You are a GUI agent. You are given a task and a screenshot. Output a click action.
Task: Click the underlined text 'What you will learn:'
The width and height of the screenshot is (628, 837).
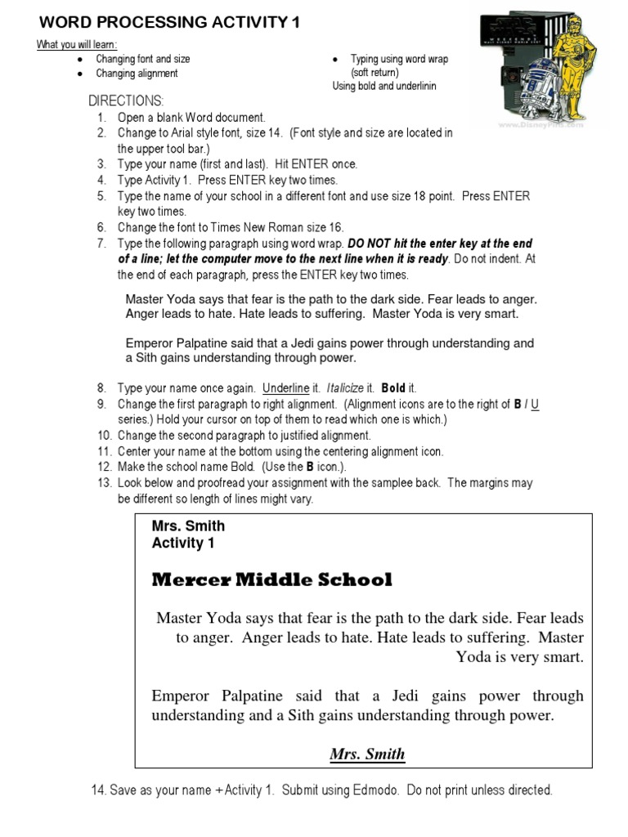tap(76, 44)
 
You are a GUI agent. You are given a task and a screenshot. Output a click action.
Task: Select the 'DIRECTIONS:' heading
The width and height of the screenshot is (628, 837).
tap(126, 101)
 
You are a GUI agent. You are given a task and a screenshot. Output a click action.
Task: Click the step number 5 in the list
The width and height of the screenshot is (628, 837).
tap(101, 196)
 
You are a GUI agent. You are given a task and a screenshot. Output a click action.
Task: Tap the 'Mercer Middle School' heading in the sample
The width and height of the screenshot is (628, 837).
tap(272, 580)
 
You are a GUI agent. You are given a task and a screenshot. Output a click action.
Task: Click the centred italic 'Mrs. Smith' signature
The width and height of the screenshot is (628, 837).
tap(367, 754)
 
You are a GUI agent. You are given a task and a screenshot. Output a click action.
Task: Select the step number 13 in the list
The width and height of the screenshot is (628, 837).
tap(103, 483)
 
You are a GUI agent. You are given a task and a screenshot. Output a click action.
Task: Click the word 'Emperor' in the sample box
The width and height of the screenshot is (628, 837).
tap(181, 696)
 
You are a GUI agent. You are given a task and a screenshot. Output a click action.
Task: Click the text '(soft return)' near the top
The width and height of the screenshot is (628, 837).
tap(375, 73)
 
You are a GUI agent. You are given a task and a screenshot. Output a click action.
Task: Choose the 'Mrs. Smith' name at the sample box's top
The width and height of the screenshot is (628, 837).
tap(188, 526)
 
